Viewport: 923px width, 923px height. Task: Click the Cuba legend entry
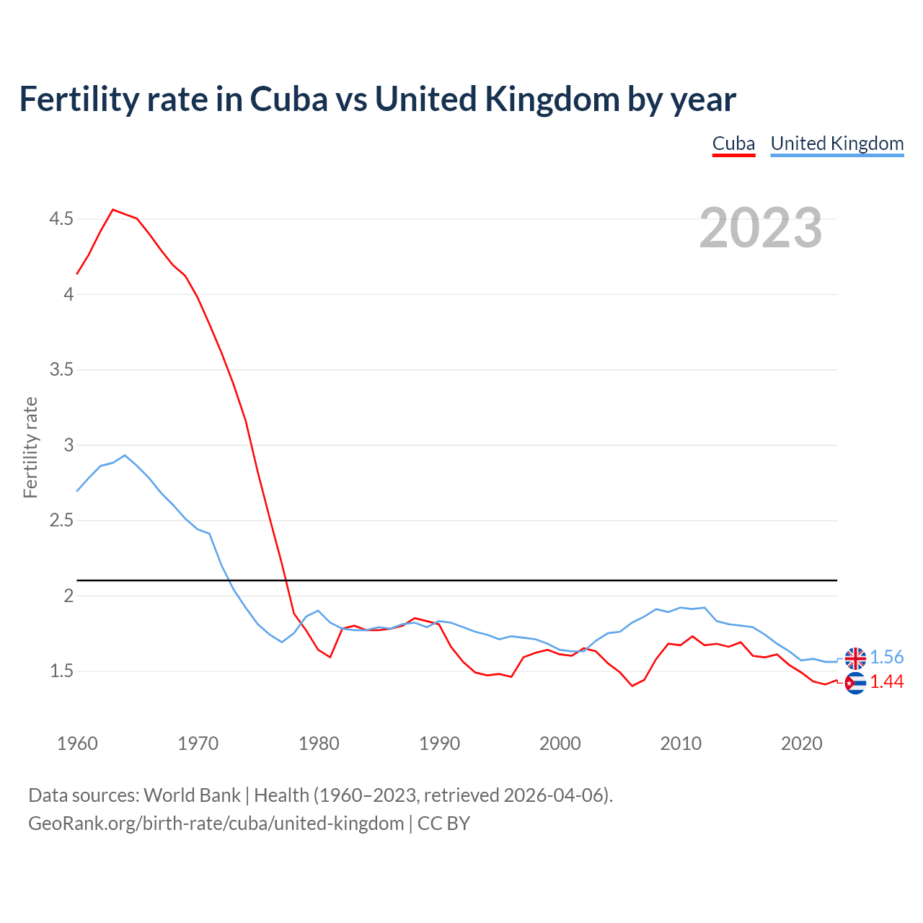(x=733, y=143)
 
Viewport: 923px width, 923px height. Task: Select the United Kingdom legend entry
(x=836, y=143)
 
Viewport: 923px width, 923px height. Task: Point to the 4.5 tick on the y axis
(x=61, y=218)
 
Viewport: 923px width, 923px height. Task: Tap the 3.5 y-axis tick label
(x=61, y=370)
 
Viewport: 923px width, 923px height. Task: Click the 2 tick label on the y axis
(x=69, y=596)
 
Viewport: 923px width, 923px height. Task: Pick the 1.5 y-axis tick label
(x=61, y=671)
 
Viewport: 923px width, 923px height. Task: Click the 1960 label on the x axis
(x=77, y=743)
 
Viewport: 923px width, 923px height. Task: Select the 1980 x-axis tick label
(x=319, y=743)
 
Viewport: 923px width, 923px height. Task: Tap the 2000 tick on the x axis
(x=560, y=743)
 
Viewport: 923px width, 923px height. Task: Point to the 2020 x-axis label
(x=801, y=743)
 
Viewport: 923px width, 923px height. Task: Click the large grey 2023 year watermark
(x=760, y=228)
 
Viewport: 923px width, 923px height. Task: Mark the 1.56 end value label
(x=886, y=657)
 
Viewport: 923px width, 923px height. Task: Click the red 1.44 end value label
(x=886, y=681)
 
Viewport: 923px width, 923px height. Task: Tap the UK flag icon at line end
(x=855, y=658)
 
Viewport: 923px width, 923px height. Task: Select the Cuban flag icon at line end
(x=855, y=683)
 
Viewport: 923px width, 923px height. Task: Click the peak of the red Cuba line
(x=113, y=210)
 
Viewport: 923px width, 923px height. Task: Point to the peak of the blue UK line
(x=125, y=455)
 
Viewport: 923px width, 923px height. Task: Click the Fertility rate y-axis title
(x=30, y=447)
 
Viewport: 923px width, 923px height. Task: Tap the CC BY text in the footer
(x=443, y=823)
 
